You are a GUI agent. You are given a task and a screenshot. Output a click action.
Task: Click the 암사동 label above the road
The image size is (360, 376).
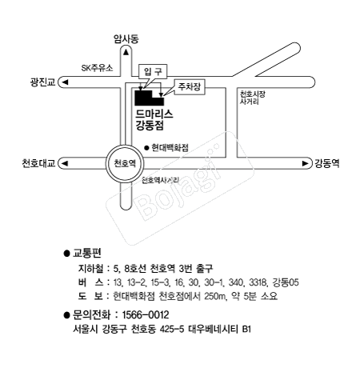click(126, 39)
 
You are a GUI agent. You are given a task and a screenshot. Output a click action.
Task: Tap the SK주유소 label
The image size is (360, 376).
click(97, 68)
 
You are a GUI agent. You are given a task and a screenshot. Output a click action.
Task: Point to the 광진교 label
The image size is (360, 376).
click(42, 82)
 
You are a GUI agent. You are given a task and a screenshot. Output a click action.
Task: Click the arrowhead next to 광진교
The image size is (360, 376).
click(65, 82)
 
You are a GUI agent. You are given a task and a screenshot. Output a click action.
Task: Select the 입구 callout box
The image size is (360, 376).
click(153, 72)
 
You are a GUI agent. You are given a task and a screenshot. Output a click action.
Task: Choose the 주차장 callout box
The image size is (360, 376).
click(190, 87)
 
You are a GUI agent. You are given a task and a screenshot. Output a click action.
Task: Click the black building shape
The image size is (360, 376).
click(149, 98)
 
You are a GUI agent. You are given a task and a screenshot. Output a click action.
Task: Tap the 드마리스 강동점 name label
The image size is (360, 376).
click(154, 120)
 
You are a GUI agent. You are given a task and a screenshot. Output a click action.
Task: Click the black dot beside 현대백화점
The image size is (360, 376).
click(146, 148)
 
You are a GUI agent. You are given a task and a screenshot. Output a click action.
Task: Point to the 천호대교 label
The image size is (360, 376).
click(38, 163)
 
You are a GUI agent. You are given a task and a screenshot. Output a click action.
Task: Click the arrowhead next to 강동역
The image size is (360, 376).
click(305, 163)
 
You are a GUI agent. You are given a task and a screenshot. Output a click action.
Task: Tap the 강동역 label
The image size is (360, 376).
click(327, 163)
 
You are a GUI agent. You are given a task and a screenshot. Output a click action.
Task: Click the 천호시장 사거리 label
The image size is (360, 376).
click(252, 98)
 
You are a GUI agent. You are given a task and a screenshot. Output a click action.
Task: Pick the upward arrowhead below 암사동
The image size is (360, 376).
click(126, 52)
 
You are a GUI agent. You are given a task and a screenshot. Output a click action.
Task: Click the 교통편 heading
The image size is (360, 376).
click(87, 253)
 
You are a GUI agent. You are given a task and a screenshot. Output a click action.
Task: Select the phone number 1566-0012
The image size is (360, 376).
click(146, 315)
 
